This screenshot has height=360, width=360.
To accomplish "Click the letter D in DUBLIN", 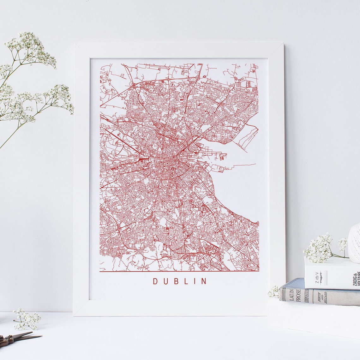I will pos(155,281).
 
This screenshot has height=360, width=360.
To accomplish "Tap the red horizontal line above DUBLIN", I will pos(179,271).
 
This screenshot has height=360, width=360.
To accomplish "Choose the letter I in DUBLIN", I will pos(194,281).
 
